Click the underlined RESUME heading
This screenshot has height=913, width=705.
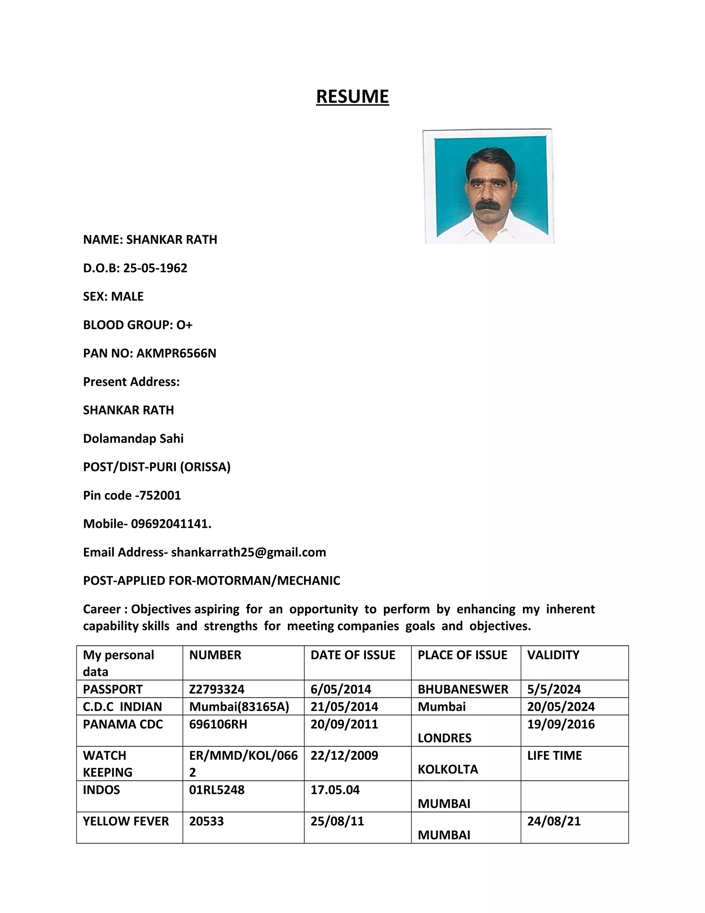[x=352, y=96]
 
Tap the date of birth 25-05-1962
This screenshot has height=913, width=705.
[x=155, y=268]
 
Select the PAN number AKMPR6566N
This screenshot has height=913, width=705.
[x=176, y=353]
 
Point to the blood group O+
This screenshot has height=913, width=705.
[x=184, y=325]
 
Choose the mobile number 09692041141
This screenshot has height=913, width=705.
[x=170, y=524]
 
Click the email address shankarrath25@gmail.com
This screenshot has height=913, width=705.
[x=249, y=552]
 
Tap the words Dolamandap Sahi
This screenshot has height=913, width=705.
[x=133, y=439]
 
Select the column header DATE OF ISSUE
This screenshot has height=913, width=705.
[x=353, y=655]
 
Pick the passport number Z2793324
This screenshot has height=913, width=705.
[x=217, y=689]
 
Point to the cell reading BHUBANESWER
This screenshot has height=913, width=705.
[x=463, y=689]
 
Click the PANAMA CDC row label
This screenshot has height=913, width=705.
[x=123, y=724]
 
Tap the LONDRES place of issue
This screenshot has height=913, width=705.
[x=444, y=738]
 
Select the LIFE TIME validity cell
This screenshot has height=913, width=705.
[x=554, y=756]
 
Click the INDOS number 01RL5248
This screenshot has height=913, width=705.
[x=217, y=790]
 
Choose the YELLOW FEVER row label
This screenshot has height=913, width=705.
[x=126, y=821]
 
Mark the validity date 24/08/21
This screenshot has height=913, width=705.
[x=554, y=821]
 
